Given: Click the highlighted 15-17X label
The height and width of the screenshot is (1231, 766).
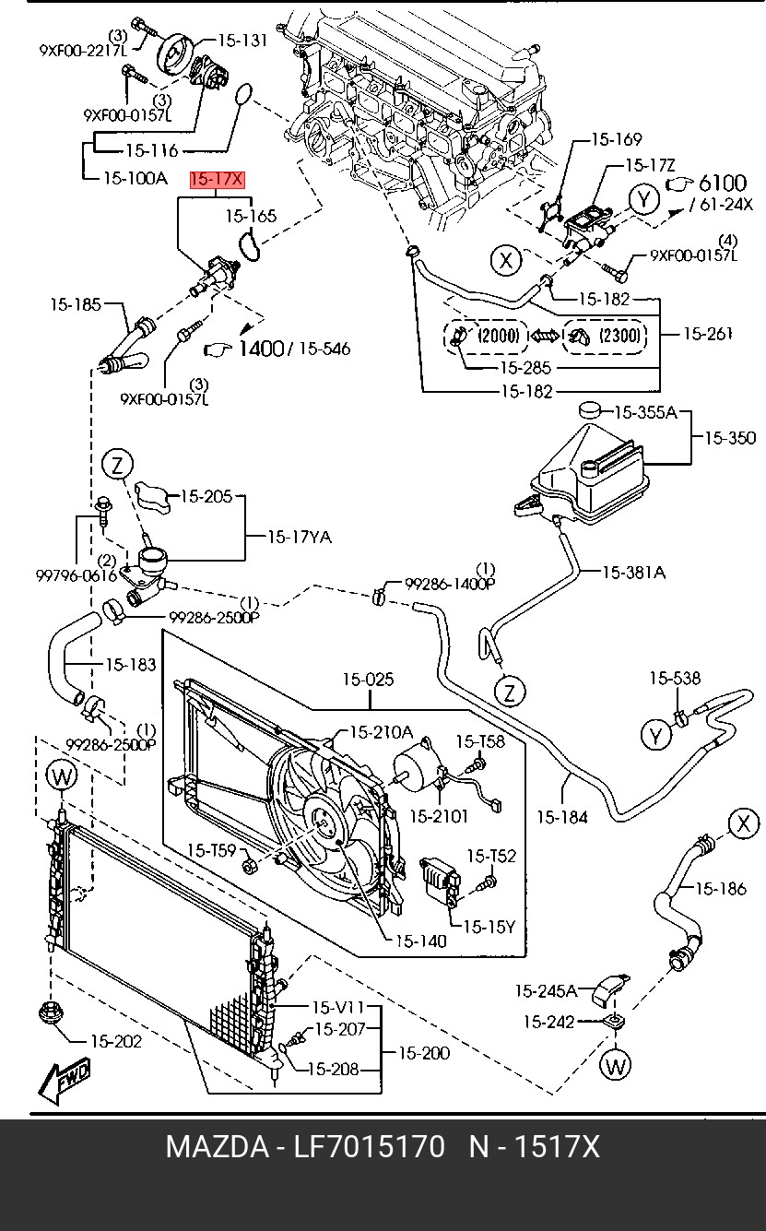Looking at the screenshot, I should [x=217, y=180].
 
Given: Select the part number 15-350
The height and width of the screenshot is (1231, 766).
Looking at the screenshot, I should [x=729, y=439].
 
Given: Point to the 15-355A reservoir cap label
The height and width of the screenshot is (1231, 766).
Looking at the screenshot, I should [x=645, y=412].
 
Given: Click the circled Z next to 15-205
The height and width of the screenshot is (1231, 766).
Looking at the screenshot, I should [x=118, y=465].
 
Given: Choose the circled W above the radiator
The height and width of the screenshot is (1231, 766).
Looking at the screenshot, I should [x=63, y=776].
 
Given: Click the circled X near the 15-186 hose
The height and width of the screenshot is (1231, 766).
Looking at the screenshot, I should [x=743, y=823].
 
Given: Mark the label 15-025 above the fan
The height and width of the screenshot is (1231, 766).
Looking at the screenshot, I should [x=368, y=680].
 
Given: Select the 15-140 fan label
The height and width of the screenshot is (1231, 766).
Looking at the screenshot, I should [x=420, y=941].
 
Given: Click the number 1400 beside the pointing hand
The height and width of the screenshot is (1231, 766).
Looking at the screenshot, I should [x=261, y=349].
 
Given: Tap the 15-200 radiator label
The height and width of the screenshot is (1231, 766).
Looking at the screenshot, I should [x=424, y=1053].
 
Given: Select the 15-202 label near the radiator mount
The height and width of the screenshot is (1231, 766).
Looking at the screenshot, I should [x=115, y=1041].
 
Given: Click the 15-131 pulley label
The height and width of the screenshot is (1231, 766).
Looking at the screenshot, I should [x=242, y=41].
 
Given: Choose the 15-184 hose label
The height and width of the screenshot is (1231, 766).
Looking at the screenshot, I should [x=561, y=816].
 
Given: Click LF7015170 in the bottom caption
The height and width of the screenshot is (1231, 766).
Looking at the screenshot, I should [x=369, y=1147].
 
